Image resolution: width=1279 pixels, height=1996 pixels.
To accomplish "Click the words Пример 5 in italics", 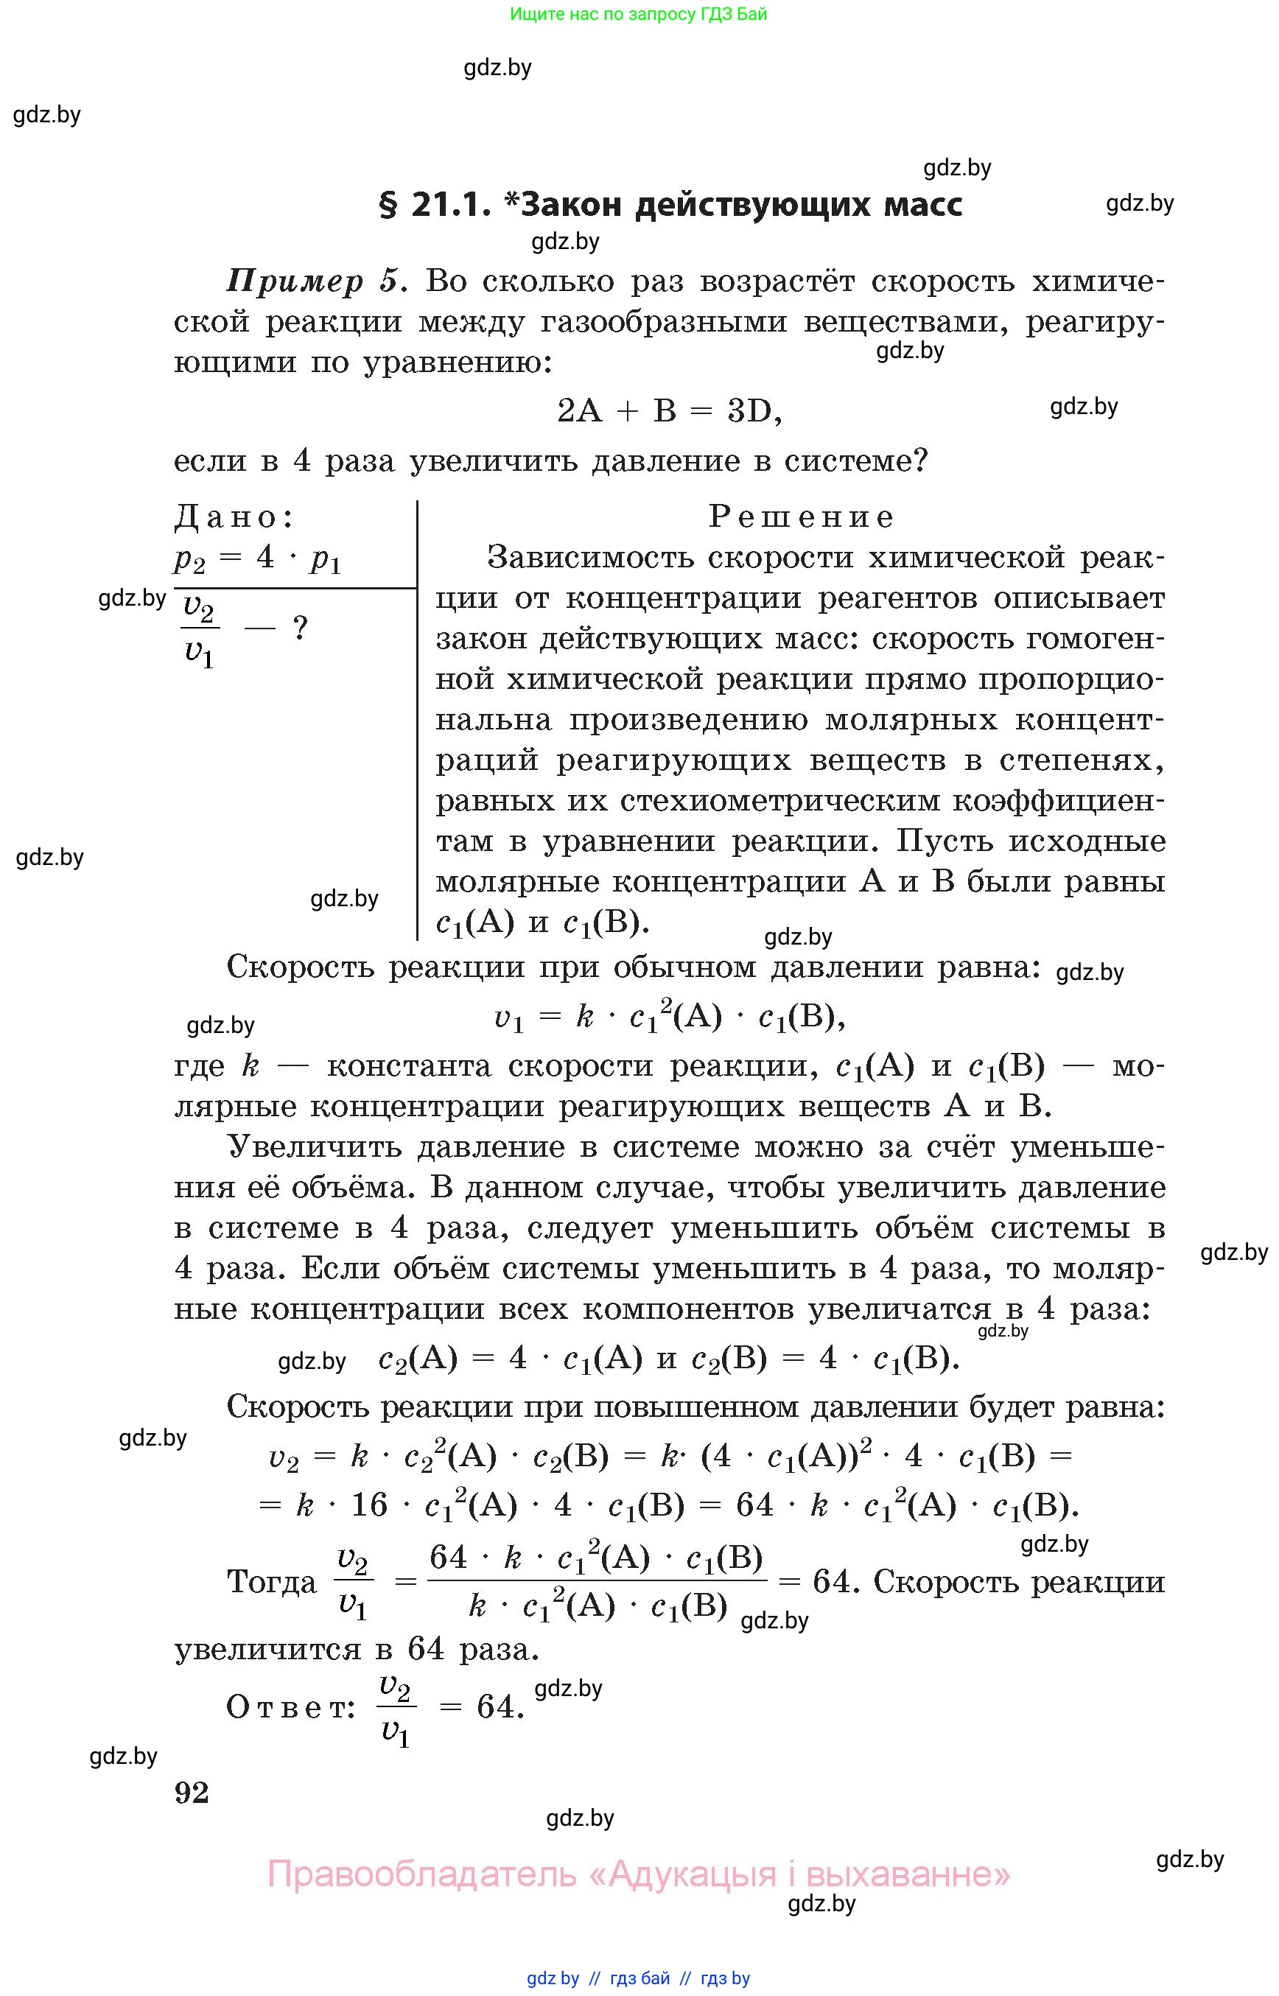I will tap(315, 281).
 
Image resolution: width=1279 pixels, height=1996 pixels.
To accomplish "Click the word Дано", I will tap(234, 516).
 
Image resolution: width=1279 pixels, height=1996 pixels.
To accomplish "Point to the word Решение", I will tap(802, 516).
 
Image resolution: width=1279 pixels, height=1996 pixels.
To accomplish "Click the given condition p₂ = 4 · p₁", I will tap(257, 558).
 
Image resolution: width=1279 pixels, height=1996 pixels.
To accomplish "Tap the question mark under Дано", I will tap(301, 628).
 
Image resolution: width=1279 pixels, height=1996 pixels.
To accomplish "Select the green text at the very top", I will tap(638, 14).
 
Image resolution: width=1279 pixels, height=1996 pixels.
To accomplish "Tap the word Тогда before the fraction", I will tap(272, 1580).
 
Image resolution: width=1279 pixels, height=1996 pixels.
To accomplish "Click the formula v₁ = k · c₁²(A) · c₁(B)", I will tap(670, 1017).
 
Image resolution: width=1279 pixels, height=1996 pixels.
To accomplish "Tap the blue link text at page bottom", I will tap(638, 1978).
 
